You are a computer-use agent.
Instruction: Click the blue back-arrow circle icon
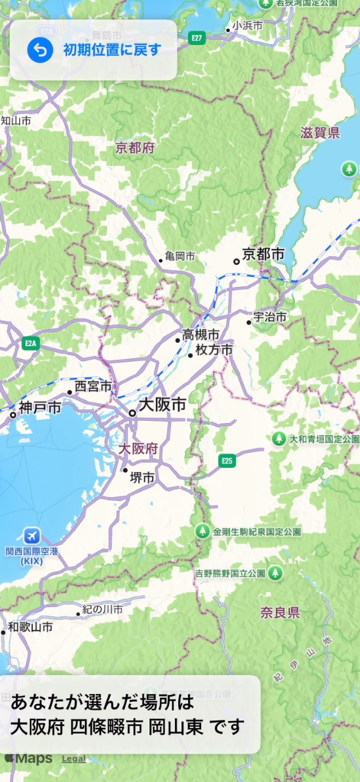40,50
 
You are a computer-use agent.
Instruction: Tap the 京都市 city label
264,254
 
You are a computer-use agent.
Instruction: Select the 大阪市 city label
162,406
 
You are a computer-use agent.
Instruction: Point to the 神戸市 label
41,408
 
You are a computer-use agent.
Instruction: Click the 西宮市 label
93,386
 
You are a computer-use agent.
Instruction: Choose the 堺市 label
142,478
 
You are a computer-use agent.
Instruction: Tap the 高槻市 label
200,334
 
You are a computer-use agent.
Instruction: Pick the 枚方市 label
214,350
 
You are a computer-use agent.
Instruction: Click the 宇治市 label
271,317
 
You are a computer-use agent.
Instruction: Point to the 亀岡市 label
180,257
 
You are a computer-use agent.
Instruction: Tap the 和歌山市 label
31,627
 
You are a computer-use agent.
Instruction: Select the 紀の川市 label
102,609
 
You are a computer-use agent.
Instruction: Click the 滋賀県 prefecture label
320,133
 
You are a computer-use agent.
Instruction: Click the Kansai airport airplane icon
32,535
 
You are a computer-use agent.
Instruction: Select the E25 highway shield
226,460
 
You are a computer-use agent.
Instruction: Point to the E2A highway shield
31,343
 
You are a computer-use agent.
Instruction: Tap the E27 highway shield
197,38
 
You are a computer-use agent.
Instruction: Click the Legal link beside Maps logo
73,759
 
